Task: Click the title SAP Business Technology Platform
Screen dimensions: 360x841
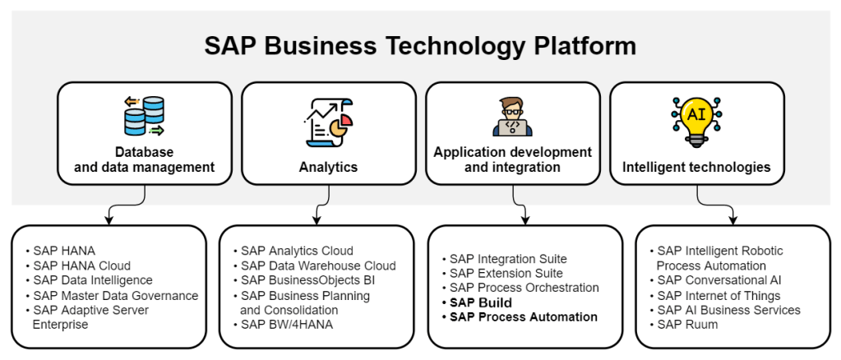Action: pyautogui.click(x=420, y=46)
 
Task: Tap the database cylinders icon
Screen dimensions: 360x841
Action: pyautogui.click(x=144, y=116)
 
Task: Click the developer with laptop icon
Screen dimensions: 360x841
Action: pyautogui.click(x=512, y=117)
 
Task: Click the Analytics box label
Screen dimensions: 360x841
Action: pyautogui.click(x=328, y=167)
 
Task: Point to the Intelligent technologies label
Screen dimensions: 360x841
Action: pyautogui.click(x=696, y=167)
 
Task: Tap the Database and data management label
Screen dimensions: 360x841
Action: pyautogui.click(x=144, y=159)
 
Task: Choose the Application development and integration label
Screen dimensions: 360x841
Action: pyautogui.click(x=512, y=159)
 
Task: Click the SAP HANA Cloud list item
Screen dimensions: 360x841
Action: pyautogui.click(x=82, y=265)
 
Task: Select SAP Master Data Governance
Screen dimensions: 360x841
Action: pyautogui.click(x=116, y=295)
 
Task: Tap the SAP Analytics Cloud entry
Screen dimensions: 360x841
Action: pyautogui.click(x=297, y=251)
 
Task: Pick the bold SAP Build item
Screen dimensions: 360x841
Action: pyautogui.click(x=481, y=302)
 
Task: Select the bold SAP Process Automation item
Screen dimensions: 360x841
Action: pyautogui.click(x=524, y=317)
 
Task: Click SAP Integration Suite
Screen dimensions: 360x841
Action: pyautogui.click(x=508, y=259)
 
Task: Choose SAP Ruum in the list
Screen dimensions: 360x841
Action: pyautogui.click(x=688, y=325)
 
